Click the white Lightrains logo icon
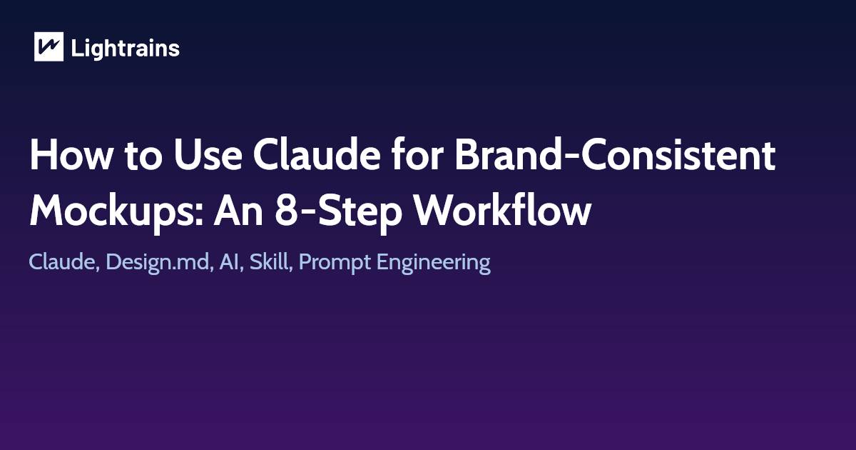[49, 47]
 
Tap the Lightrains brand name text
[126, 49]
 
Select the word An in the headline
[241, 210]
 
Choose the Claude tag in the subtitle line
[61, 262]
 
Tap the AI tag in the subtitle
[228, 262]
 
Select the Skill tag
[270, 262]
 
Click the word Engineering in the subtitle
[434, 263]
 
